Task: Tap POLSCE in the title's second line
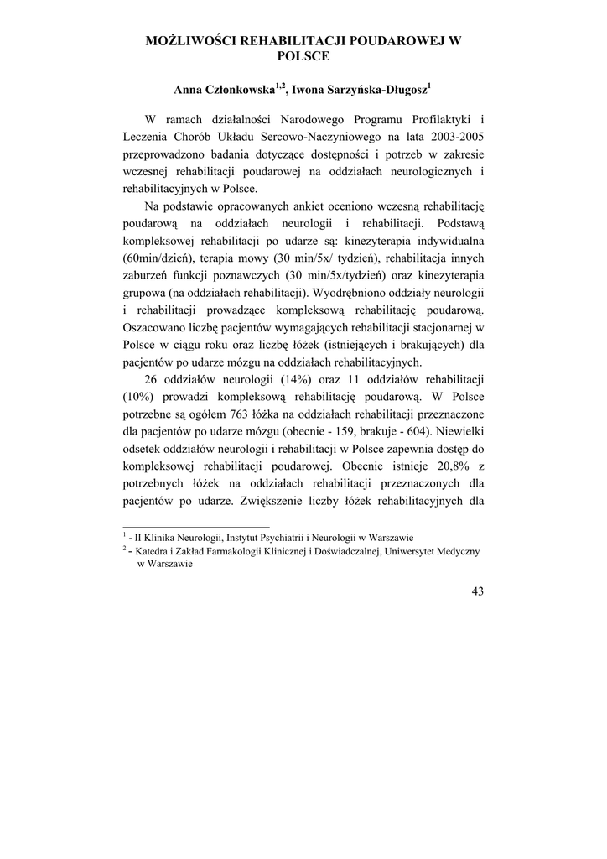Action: (303, 56)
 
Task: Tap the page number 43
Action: (478, 591)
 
